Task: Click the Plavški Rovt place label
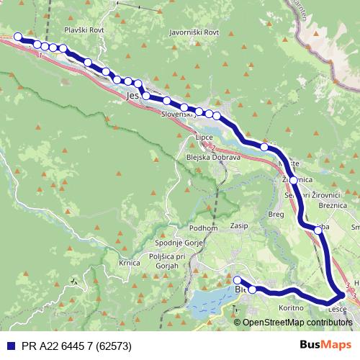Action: point(85,30)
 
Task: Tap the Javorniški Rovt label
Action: point(192,32)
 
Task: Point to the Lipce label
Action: point(204,137)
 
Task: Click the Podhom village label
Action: point(203,228)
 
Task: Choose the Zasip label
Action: point(239,225)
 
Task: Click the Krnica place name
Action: point(129,264)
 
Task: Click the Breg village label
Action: point(276,213)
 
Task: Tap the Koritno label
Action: point(290,307)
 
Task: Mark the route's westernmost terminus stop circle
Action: point(18,37)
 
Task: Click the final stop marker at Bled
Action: point(238,280)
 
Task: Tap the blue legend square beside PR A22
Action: point(9,345)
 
